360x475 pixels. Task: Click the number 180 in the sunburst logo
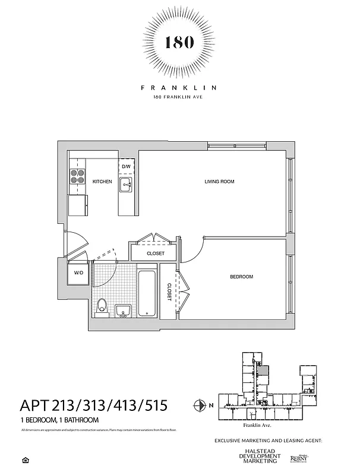(x=179, y=42)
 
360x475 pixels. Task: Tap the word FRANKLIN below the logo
(x=179, y=87)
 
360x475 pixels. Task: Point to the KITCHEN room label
(x=102, y=181)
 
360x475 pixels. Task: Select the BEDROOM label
(x=242, y=277)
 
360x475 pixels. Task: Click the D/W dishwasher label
(x=126, y=167)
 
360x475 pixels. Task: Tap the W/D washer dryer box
(x=78, y=273)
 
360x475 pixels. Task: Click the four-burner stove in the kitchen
(x=78, y=176)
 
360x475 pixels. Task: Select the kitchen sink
(x=127, y=185)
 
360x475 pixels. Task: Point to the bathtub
(x=147, y=294)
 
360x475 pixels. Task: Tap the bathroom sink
(x=124, y=311)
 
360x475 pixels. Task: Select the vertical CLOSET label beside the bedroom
(x=169, y=292)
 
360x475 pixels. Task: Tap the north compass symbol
(x=199, y=406)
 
